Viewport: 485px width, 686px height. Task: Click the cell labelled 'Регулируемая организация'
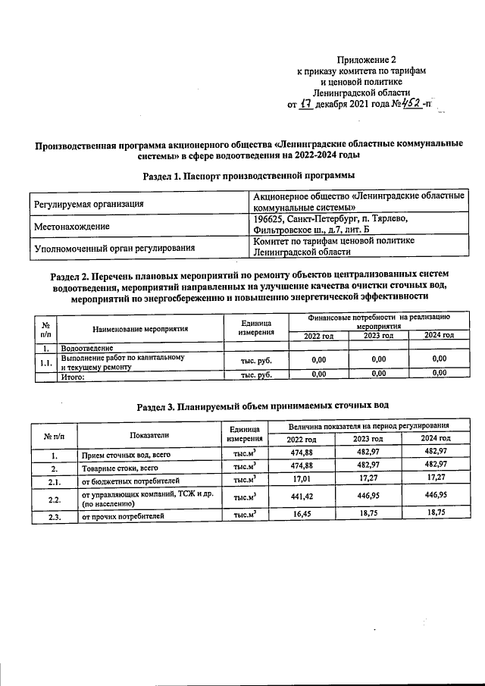[x=88, y=204]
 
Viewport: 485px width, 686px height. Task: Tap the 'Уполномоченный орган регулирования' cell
[x=113, y=248]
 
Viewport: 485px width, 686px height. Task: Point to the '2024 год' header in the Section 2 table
[x=439, y=335]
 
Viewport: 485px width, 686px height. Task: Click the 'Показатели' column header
[x=149, y=434]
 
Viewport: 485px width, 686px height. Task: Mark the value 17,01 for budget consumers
[x=302, y=480]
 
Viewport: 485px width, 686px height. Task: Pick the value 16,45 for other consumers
[x=302, y=517]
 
